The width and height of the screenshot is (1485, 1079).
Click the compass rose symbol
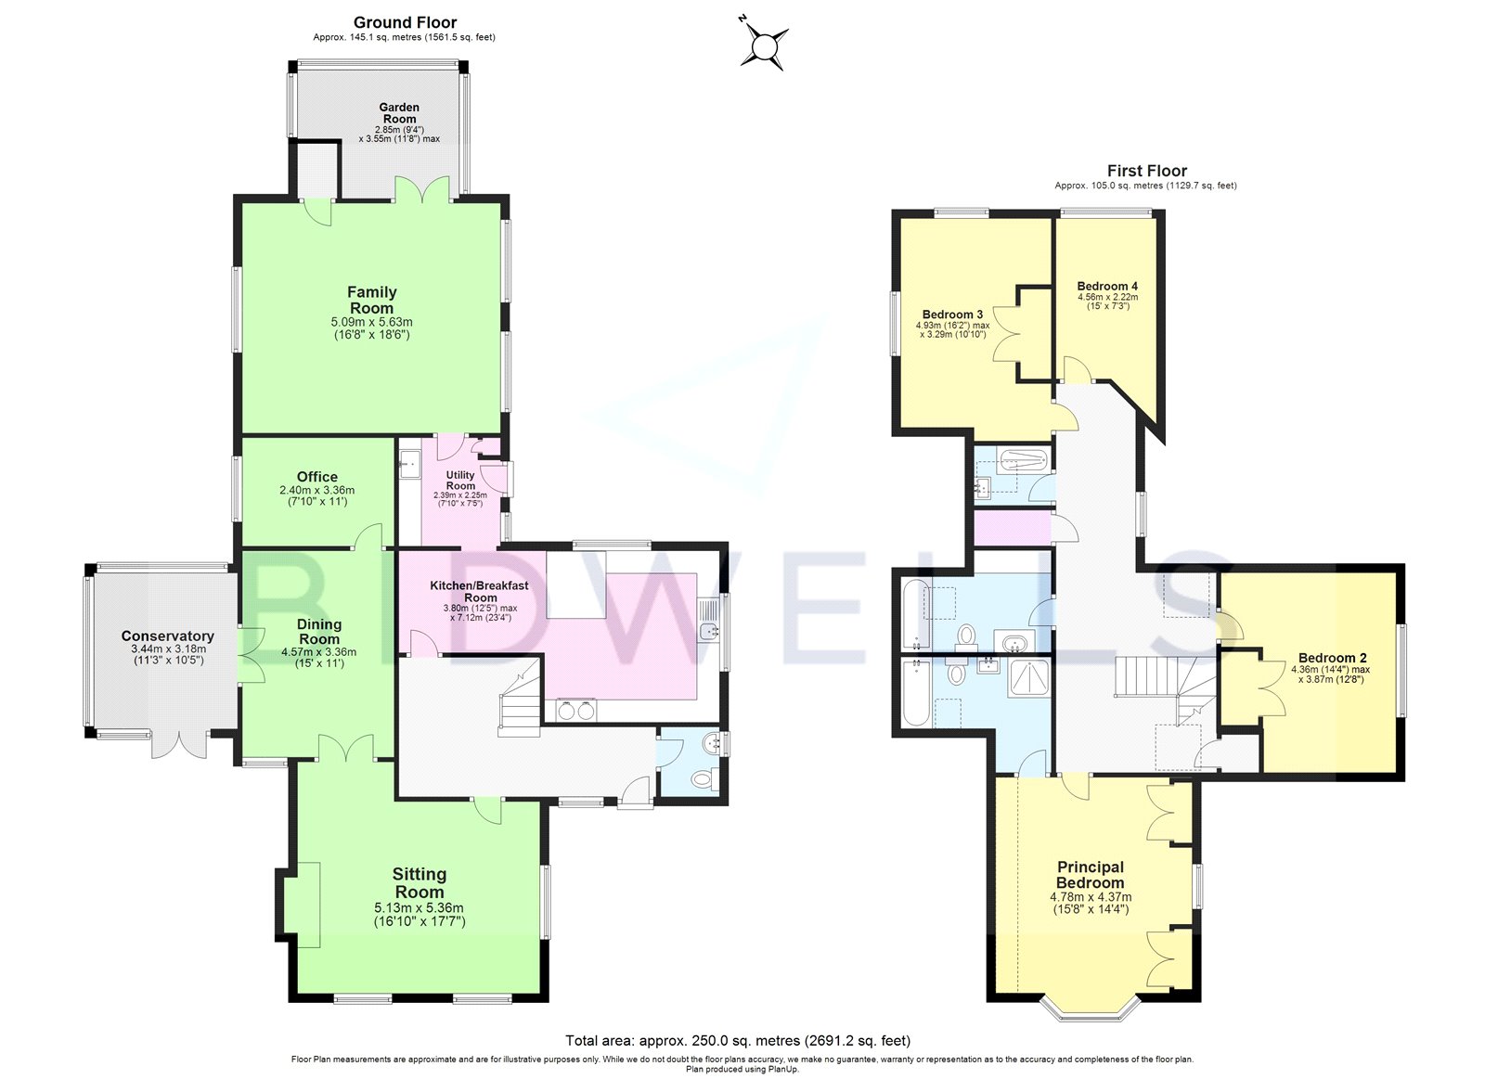point(765,44)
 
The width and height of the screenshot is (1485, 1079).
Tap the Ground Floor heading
point(405,22)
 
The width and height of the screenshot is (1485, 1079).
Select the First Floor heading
point(1146,171)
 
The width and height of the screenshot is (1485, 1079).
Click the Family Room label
point(371,300)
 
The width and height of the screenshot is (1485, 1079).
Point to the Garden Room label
point(399,113)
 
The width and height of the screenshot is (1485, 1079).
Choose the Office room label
point(317,477)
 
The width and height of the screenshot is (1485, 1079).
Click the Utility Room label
point(460,480)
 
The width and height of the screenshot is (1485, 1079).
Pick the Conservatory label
point(167,636)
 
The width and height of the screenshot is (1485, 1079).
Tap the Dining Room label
point(318,632)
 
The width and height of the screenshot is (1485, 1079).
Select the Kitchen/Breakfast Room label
point(479,591)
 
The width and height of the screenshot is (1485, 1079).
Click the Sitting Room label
point(420,882)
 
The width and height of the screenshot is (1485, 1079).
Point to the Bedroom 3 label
point(952,315)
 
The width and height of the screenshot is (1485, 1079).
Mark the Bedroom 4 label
point(1107,286)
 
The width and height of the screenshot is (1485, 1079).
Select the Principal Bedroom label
point(1091,875)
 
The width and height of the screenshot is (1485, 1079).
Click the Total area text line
point(738,1041)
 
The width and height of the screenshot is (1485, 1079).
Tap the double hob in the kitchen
point(576,710)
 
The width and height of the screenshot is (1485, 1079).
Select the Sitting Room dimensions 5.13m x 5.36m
point(419,908)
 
